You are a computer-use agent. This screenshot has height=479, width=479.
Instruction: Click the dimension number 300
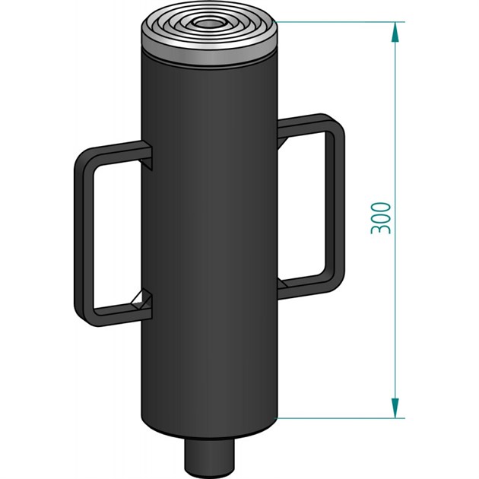[383, 218]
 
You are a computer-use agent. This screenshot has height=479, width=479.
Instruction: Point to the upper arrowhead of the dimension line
[395, 32]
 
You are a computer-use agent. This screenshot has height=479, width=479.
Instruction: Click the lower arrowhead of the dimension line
[395, 408]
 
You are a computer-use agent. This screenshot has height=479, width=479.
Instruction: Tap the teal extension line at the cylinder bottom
[342, 417]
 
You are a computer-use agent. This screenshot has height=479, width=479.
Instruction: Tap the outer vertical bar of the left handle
[81, 236]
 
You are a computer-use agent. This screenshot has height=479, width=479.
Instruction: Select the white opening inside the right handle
[304, 205]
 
